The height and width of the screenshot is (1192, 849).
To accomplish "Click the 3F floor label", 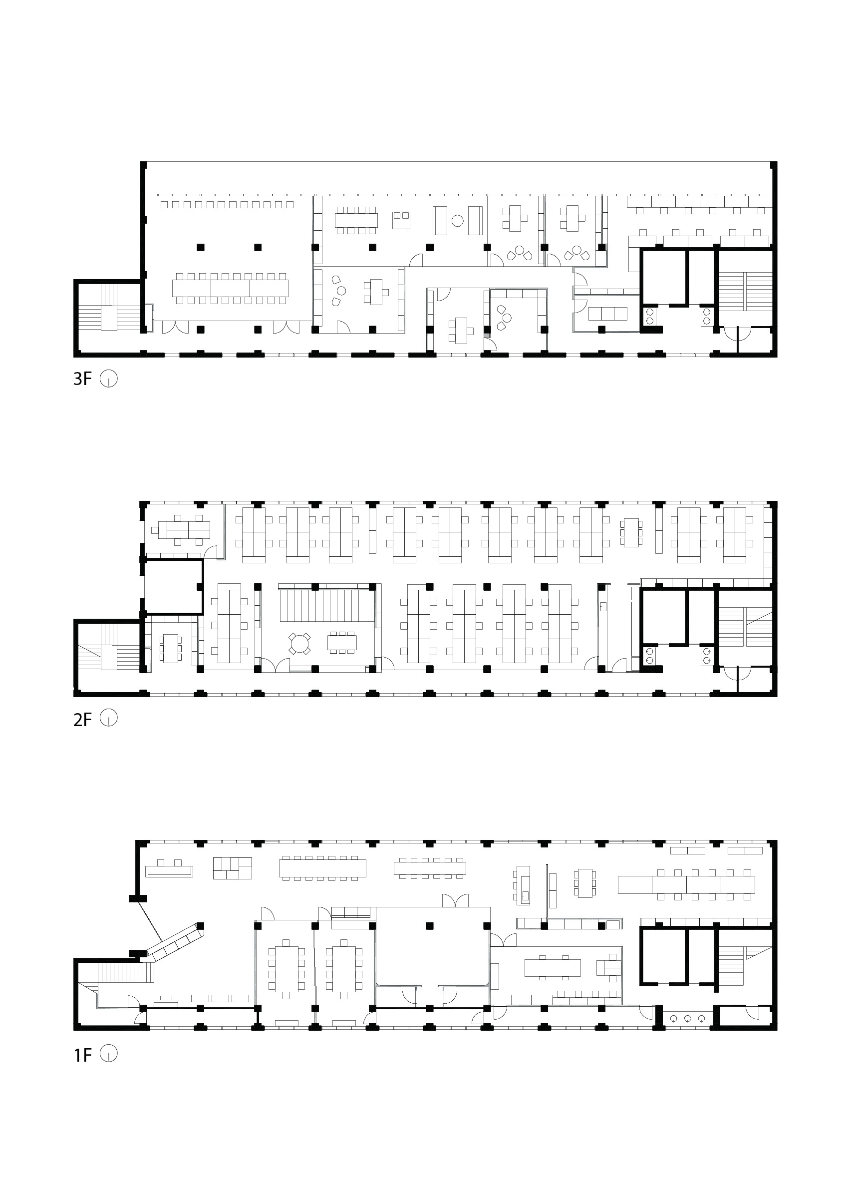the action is [x=82, y=379].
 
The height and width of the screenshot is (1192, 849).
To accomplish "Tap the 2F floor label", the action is [x=82, y=720].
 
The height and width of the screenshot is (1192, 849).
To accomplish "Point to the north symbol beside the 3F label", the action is [x=109, y=378].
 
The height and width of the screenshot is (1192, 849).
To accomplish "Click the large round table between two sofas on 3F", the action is [x=457, y=221].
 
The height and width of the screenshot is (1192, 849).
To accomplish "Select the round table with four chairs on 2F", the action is [x=299, y=643].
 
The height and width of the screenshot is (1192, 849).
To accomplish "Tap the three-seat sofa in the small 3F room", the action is [x=607, y=314].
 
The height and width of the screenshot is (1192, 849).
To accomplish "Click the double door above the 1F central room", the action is [x=455, y=901].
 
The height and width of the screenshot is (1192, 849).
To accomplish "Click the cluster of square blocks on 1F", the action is [x=232, y=868].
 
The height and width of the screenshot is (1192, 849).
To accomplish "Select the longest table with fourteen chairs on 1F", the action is [x=322, y=868].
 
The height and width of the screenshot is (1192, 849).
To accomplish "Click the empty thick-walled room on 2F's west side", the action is [x=173, y=586].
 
